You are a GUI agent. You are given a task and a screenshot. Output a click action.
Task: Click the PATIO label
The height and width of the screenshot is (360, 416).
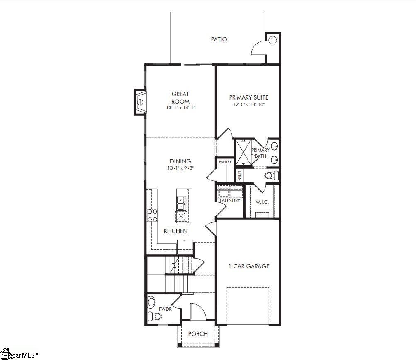click(x=219, y=39)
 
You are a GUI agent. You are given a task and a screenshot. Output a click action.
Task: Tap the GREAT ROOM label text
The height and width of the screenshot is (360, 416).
click(x=180, y=97)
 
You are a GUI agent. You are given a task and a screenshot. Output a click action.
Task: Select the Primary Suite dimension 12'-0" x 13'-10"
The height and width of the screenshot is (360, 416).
click(x=249, y=105)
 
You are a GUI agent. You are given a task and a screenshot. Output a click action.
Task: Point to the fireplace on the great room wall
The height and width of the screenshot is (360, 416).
click(x=140, y=102)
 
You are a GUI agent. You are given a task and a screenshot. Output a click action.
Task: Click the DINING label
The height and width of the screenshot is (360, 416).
click(x=180, y=161)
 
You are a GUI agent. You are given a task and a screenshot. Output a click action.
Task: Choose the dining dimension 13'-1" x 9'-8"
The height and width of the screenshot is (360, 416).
click(x=180, y=168)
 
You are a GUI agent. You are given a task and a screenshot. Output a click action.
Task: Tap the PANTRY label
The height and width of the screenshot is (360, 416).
click(x=225, y=162)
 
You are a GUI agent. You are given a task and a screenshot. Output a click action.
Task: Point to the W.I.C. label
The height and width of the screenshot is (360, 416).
click(x=262, y=202)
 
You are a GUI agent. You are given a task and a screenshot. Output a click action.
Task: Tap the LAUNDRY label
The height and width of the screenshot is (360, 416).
click(x=230, y=200)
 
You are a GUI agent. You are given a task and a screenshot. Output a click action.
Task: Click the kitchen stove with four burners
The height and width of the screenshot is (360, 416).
click(x=152, y=215)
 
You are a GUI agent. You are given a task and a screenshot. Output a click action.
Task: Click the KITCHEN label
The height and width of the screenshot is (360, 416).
click(x=175, y=231)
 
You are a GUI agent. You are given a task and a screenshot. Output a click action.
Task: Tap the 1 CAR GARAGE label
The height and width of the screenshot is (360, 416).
click(x=249, y=266)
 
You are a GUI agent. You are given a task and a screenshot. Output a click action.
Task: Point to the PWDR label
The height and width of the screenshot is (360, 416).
click(x=162, y=309)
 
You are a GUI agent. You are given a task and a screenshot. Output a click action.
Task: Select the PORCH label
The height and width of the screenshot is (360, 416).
click(x=198, y=334)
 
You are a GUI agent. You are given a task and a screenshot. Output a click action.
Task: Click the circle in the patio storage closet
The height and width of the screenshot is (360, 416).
click(x=272, y=40)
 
